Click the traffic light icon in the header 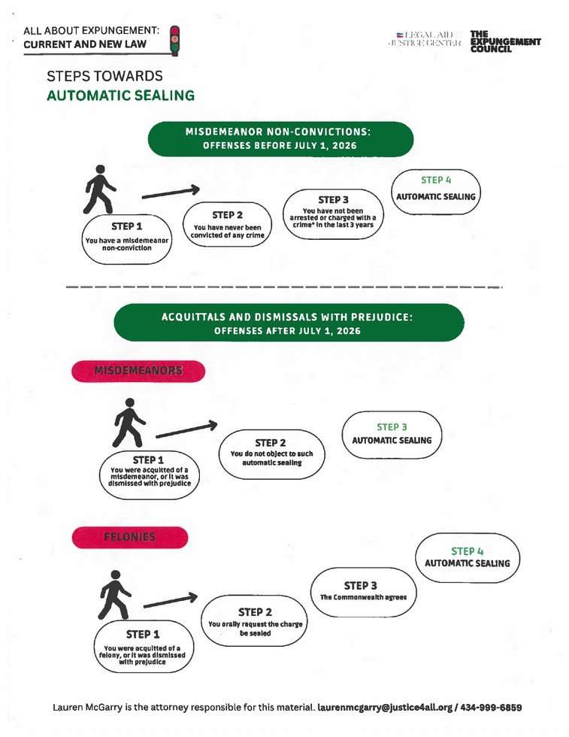[x=174, y=40]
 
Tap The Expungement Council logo [x=504, y=41]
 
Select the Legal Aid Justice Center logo [x=424, y=40]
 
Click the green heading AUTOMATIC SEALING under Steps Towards [x=120, y=96]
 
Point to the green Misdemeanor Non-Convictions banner [x=280, y=138]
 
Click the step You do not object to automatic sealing [x=271, y=453]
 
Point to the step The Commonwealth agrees [x=363, y=591]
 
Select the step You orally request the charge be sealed [x=255, y=622]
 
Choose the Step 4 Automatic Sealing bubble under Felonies [x=467, y=558]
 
